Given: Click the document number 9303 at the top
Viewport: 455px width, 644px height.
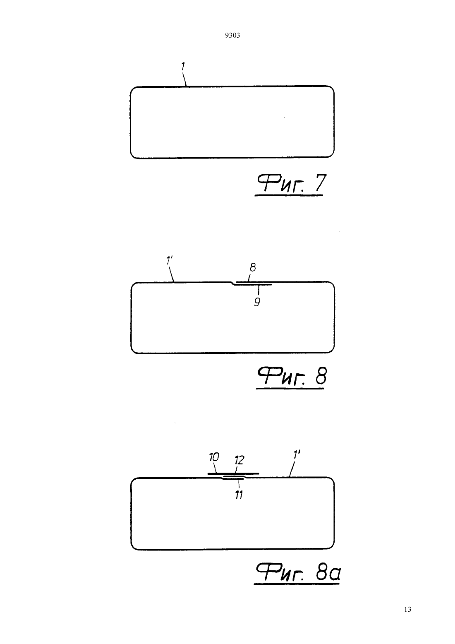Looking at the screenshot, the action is [x=232, y=35].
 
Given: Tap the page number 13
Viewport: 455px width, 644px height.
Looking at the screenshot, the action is [x=407, y=609].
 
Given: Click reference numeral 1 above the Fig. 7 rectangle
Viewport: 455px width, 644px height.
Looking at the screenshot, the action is [x=183, y=67].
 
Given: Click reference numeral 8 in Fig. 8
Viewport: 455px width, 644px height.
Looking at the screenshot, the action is [x=253, y=268].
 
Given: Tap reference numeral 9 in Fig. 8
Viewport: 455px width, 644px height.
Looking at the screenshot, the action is [x=257, y=302].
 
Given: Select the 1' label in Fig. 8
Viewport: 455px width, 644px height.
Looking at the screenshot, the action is [x=169, y=261].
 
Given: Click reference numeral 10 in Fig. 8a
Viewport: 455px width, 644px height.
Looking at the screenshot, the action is [x=214, y=457].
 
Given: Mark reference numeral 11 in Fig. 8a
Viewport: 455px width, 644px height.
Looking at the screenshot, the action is [x=239, y=495].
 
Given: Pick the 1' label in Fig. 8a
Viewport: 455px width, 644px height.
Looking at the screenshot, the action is [x=297, y=455].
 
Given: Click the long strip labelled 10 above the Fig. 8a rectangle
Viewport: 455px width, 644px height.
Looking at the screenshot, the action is [x=233, y=473].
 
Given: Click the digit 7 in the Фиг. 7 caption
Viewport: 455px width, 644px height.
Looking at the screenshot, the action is [x=321, y=183].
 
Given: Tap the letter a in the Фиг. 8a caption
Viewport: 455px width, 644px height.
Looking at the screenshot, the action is [x=335, y=574].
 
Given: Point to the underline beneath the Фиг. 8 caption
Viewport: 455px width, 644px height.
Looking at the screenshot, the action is [x=290, y=389].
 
